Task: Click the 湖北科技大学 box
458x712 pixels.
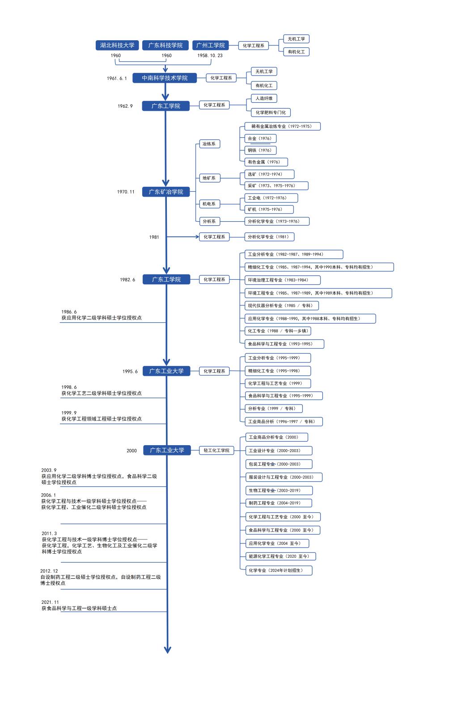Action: (x=117, y=45)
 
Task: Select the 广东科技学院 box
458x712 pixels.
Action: (x=165, y=45)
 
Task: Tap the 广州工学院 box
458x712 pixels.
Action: (x=210, y=45)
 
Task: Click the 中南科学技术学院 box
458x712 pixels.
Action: (x=165, y=78)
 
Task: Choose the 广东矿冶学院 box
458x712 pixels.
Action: (x=166, y=191)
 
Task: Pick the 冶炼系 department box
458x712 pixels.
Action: (x=209, y=144)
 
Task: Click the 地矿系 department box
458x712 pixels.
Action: (x=209, y=178)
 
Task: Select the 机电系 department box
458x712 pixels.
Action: (x=209, y=204)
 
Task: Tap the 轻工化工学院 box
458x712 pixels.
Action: (x=216, y=450)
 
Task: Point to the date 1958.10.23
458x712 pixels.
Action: (x=210, y=55)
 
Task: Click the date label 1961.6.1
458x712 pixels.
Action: (x=117, y=78)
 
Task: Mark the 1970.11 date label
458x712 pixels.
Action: (x=126, y=192)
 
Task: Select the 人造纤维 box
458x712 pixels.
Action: (x=264, y=98)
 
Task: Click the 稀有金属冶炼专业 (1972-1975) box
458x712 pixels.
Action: (x=282, y=126)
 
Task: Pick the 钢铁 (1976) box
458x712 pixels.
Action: (x=260, y=150)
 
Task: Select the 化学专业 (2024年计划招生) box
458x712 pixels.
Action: (x=279, y=570)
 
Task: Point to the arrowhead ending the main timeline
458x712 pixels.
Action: (x=168, y=650)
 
